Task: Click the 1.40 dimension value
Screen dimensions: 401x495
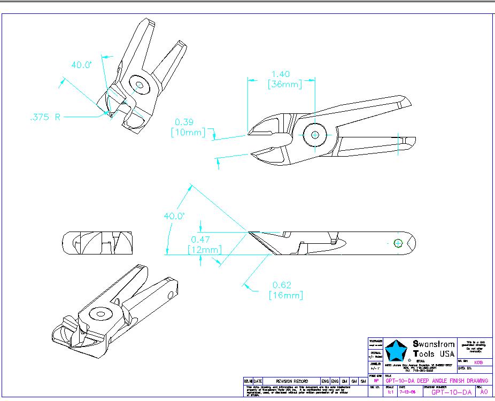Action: pos(281,74)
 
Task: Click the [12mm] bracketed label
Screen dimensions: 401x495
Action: pos(204,250)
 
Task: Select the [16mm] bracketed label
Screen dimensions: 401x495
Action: pos(286,295)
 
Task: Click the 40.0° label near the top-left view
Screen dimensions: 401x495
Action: pos(82,65)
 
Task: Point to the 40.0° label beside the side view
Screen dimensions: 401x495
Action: pos(174,216)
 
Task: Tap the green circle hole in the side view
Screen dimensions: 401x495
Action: pos(398,243)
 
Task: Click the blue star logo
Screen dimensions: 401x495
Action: pos(397,351)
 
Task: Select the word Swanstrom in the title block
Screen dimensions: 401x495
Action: pos(434,344)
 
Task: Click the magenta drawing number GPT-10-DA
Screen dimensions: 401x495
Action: pos(451,392)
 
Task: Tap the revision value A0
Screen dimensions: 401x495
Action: pos(484,392)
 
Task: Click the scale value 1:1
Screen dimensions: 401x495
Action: pos(391,392)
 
